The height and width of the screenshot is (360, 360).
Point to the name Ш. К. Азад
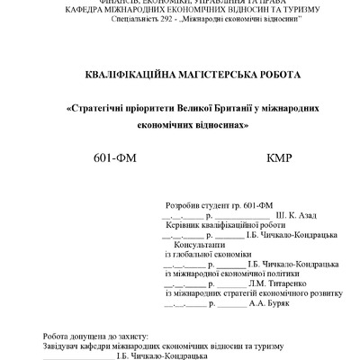click(271, 216)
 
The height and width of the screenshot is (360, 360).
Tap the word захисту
click(135, 335)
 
